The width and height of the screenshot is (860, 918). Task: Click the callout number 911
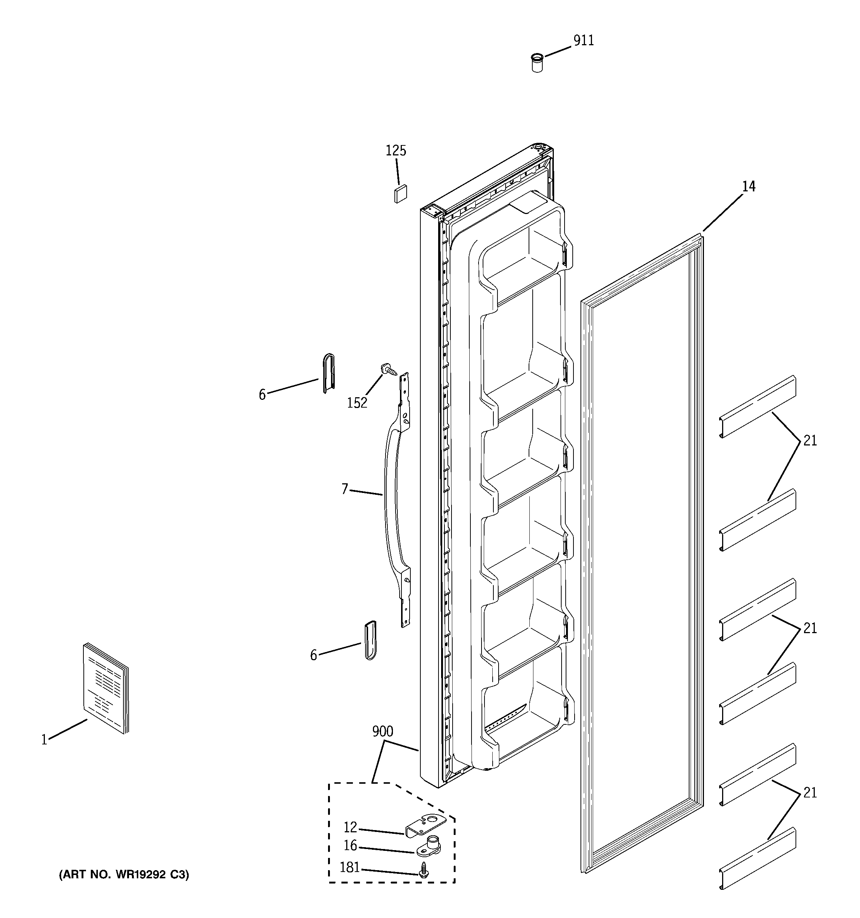[x=583, y=41]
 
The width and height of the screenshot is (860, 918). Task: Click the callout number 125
[x=396, y=151]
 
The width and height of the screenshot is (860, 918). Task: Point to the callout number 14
[x=749, y=187]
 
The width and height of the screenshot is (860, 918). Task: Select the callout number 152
[x=357, y=403]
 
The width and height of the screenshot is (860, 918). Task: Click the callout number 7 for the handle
[x=344, y=488]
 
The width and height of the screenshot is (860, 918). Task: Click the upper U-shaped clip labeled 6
[x=328, y=373]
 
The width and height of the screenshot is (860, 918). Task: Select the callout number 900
[x=383, y=731]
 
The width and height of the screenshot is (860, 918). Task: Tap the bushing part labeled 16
[x=429, y=846]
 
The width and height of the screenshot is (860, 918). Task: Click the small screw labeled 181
[x=422, y=869]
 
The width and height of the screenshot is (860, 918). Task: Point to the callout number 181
[x=350, y=868]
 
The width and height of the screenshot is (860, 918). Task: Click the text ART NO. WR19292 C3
[x=124, y=875]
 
